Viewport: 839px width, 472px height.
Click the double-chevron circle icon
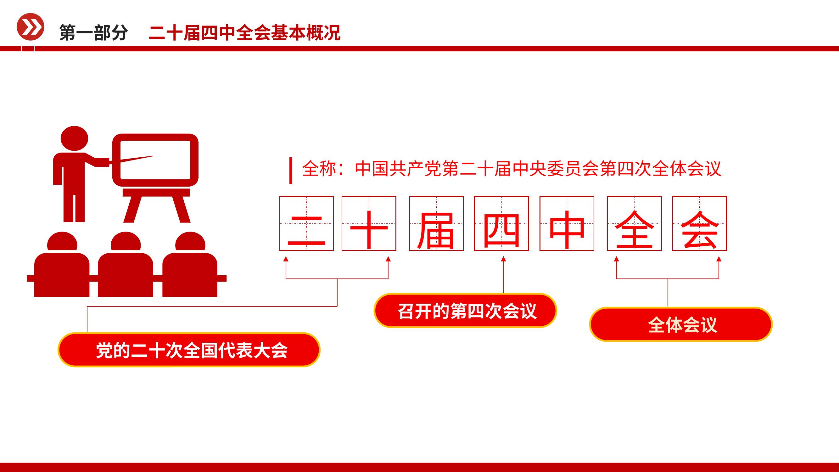coord(30,27)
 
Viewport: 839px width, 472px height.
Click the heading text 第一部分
coord(93,33)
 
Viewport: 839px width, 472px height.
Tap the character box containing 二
coord(306,223)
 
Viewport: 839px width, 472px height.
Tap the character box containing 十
coord(369,223)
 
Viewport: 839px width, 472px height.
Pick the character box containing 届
coord(436,223)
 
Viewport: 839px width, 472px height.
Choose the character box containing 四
coord(501,223)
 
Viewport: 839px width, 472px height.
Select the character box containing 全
coord(635,223)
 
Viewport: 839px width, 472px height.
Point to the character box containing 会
coord(700,223)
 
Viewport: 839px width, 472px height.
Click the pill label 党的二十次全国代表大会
coord(189,350)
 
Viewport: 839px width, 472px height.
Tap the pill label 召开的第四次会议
coord(465,311)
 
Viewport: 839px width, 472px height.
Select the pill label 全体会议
coord(681,324)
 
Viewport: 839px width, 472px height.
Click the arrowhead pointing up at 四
coord(504,259)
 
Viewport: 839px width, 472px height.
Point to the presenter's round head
coord(75,138)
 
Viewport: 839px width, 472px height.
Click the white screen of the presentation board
coord(155,160)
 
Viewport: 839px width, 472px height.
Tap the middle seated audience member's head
coord(126,242)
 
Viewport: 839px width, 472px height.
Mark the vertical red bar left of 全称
coord(291,171)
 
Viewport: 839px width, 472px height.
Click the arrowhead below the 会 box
coord(719,259)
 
